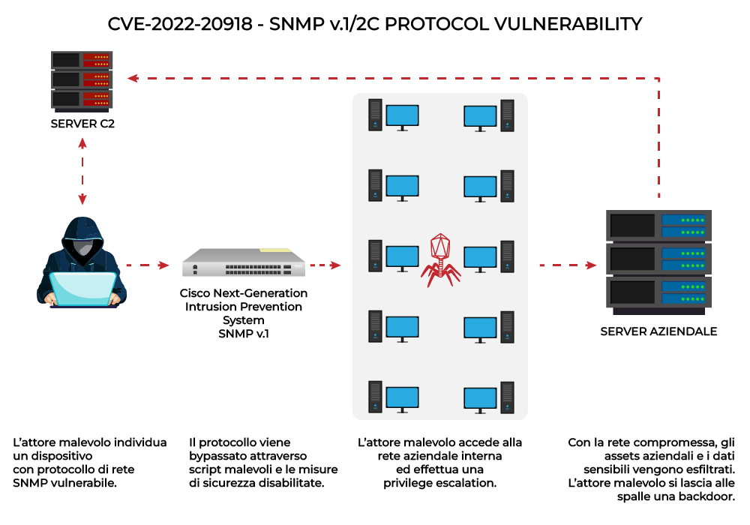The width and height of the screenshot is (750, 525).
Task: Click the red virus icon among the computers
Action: (x=440, y=259)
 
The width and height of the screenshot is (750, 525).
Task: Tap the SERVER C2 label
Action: (x=82, y=124)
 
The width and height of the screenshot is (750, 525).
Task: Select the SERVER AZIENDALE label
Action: (x=658, y=331)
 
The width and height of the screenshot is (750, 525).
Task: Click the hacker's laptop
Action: (x=82, y=289)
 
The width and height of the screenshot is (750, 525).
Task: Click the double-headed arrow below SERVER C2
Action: (x=82, y=172)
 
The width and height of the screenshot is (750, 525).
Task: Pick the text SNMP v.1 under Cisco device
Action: (x=244, y=332)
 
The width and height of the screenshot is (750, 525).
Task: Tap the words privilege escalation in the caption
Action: (x=439, y=483)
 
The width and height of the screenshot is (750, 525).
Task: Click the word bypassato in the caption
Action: (x=218, y=456)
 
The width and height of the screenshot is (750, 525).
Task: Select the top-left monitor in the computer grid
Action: (x=402, y=115)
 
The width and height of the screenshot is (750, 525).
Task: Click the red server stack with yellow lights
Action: (x=82, y=79)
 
